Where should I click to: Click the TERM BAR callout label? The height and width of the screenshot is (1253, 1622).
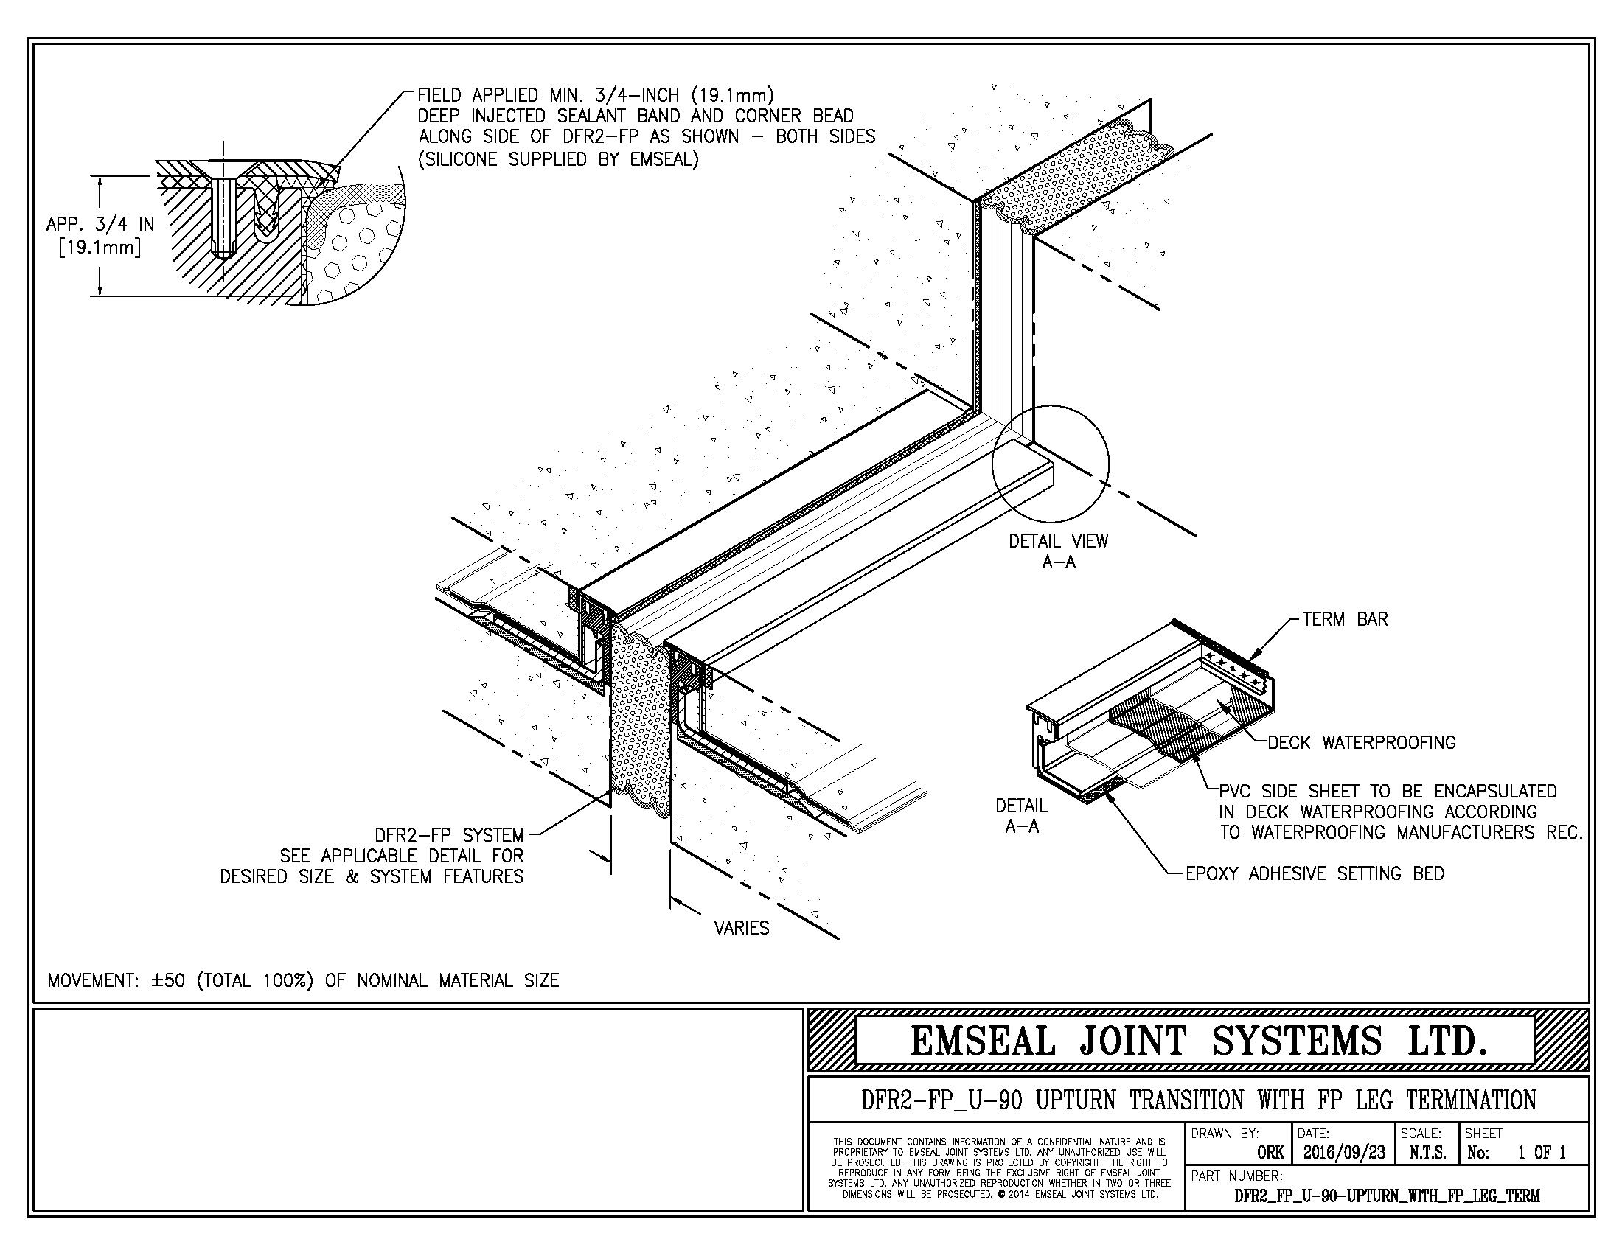pyautogui.click(x=1344, y=619)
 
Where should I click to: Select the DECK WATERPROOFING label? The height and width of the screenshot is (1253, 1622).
pyautogui.click(x=1360, y=742)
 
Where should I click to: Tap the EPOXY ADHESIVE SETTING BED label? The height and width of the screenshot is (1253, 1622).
pyautogui.click(x=1315, y=873)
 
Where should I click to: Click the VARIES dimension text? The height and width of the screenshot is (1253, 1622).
pyautogui.click(x=741, y=928)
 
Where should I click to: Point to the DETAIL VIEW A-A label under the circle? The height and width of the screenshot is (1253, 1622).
pyautogui.click(x=1057, y=551)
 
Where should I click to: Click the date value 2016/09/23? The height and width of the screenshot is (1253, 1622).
pyautogui.click(x=1344, y=1152)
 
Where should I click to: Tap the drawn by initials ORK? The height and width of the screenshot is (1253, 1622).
pyautogui.click(x=1271, y=1153)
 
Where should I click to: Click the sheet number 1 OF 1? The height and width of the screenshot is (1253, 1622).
pyautogui.click(x=1541, y=1152)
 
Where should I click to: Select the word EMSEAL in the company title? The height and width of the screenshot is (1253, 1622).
pyautogui.click(x=982, y=1040)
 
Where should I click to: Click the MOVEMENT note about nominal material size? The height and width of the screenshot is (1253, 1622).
pyautogui.click(x=303, y=980)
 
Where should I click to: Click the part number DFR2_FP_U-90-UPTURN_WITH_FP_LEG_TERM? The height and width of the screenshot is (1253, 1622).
pyautogui.click(x=1387, y=1196)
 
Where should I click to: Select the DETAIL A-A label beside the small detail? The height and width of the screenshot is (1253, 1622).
pyautogui.click(x=1021, y=815)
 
